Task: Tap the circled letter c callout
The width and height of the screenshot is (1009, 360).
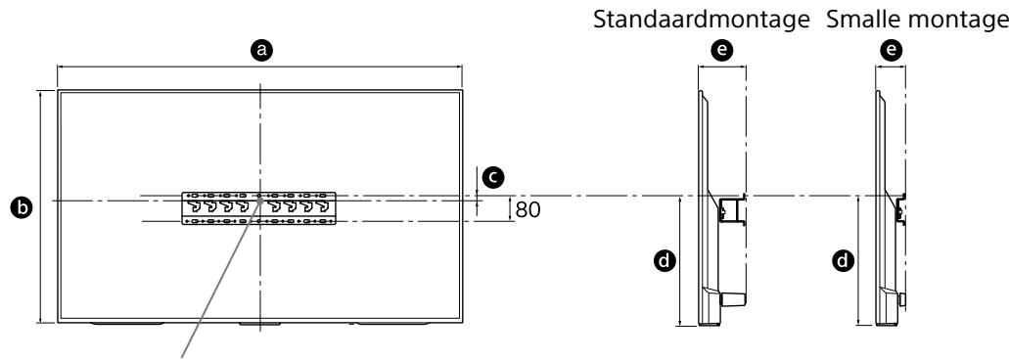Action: (x=495, y=176)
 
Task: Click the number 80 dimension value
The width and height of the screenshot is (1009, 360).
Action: (x=527, y=209)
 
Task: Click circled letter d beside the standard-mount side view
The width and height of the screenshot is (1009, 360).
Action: (x=665, y=261)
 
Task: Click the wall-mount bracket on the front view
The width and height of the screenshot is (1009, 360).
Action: (x=259, y=207)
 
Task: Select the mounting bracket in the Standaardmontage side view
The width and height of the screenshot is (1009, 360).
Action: (x=731, y=209)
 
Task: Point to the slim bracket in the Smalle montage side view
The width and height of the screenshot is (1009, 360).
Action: (x=899, y=208)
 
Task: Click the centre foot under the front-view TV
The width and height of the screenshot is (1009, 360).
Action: (x=259, y=324)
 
